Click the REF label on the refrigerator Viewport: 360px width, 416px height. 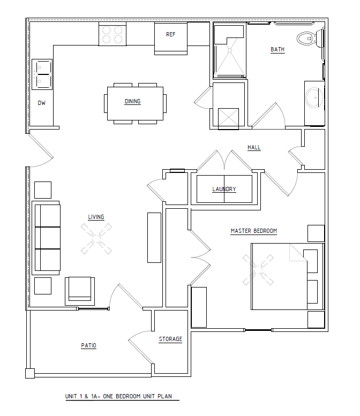click(x=171, y=34)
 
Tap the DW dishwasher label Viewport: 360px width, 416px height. click(x=41, y=103)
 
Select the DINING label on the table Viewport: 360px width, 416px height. click(x=132, y=101)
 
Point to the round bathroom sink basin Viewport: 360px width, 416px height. click(x=314, y=98)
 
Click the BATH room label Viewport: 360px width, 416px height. click(x=277, y=49)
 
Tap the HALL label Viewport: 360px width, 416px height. click(x=254, y=148)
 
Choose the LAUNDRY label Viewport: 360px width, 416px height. click(x=224, y=189)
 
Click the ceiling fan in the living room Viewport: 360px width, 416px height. click(x=96, y=239)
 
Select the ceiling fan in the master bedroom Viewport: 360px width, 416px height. click(x=258, y=270)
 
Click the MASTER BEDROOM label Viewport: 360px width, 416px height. click(x=254, y=231)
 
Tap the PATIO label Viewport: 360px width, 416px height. click(x=89, y=345)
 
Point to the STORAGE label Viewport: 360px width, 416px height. click(x=170, y=339)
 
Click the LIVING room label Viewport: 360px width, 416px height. click(x=96, y=217)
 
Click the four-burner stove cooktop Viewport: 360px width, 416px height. click(x=112, y=34)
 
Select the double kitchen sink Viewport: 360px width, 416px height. click(x=42, y=74)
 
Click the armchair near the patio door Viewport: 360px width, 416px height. click(x=80, y=291)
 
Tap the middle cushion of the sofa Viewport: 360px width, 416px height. click(x=47, y=238)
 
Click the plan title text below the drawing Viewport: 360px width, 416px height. click(x=119, y=396)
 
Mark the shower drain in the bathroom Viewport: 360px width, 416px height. click(x=230, y=50)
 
